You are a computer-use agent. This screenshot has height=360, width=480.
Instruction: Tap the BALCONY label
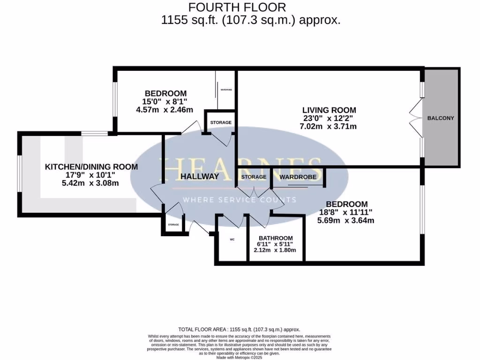pos(440,118)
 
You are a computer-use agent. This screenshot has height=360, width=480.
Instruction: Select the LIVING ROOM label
pos(329,111)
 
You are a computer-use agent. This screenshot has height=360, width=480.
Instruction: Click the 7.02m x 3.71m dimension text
pos(329,127)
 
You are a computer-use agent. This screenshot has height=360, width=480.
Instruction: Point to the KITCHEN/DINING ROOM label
pos(91,167)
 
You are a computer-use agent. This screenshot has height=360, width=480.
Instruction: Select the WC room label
pos(232,240)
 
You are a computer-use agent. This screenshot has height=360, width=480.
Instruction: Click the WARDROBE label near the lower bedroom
pos(298,177)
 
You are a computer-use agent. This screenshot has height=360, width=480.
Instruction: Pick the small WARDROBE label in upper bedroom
pos(226,90)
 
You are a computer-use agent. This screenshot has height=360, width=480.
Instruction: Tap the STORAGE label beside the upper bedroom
pos(220,123)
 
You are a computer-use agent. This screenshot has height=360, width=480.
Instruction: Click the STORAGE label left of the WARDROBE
pos(254,177)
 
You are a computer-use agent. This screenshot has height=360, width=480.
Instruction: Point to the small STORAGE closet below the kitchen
pos(173,225)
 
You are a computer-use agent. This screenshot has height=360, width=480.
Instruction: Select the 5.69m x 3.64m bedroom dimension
pos(346,220)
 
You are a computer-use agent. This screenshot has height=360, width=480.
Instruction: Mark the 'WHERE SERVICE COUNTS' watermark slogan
pos(239,200)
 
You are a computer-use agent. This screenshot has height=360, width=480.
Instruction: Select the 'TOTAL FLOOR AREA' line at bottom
pos(239,330)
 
